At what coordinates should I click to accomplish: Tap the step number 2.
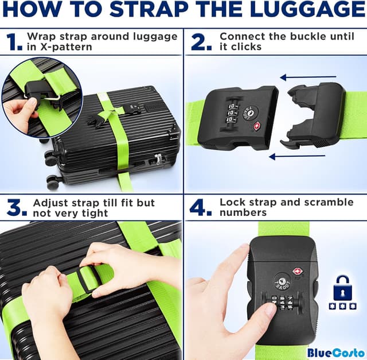[201, 42]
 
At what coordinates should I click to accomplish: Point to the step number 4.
[201, 208]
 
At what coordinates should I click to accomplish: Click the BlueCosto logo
[335, 352]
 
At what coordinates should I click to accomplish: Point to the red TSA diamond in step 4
[297, 271]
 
